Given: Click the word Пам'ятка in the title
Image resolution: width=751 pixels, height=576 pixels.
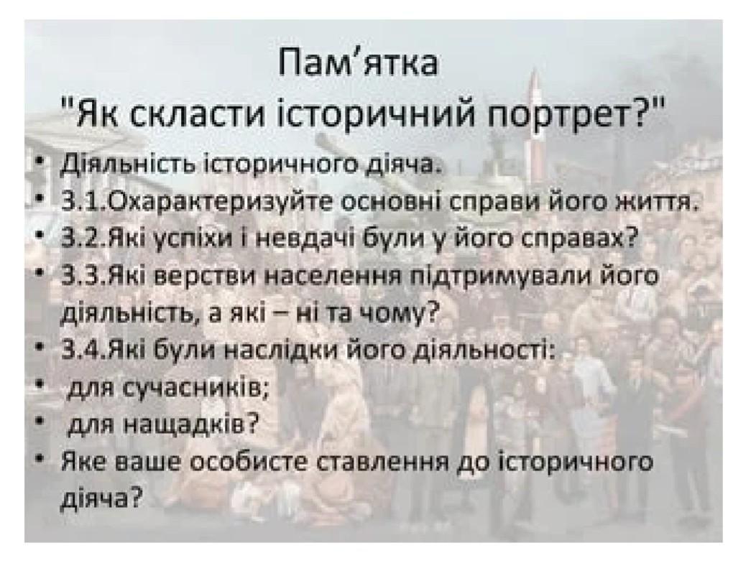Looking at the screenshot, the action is (359, 63).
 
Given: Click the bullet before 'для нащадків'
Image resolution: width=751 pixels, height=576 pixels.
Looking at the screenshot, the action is (42, 422).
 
